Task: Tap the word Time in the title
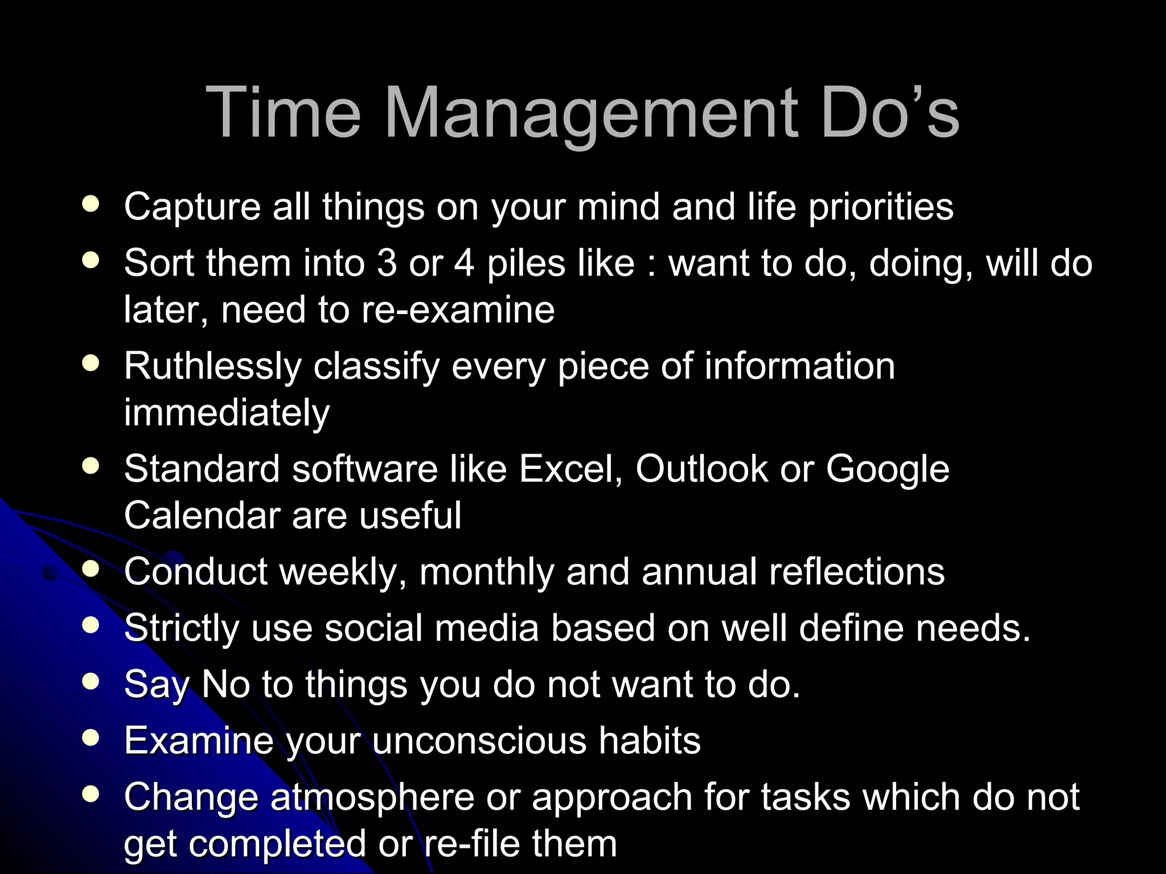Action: (283, 112)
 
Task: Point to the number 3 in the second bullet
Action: (387, 263)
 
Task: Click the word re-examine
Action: (458, 310)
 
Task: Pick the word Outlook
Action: (701, 469)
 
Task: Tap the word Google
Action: (887, 470)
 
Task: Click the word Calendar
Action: (202, 516)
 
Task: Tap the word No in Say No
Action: (225, 684)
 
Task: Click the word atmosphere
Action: (372, 797)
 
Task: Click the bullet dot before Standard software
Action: (91, 466)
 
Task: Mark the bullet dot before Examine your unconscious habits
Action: (91, 738)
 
